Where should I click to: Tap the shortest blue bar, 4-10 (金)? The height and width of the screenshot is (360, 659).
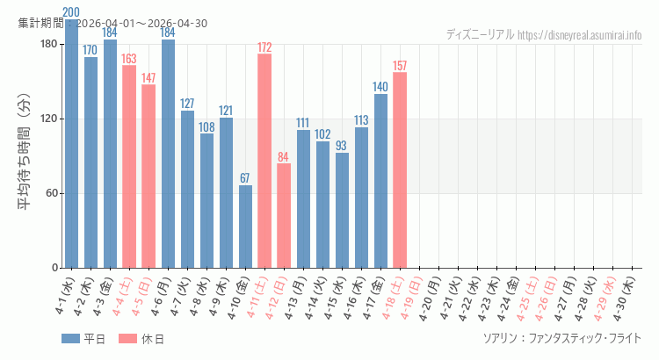point(245,227)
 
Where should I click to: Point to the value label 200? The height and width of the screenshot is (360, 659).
point(71,12)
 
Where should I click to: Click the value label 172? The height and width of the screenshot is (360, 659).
point(264,47)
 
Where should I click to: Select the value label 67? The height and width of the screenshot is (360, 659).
point(245,178)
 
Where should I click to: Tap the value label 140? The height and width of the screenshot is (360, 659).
point(380,87)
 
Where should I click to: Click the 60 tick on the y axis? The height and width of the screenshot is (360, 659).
point(50,193)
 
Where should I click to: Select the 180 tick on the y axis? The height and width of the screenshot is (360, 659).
point(47,44)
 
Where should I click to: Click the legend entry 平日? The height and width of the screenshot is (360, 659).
point(83,339)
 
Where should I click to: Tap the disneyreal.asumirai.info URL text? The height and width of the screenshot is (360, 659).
point(580,35)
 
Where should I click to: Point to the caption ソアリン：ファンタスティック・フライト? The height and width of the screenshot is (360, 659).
point(562,338)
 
